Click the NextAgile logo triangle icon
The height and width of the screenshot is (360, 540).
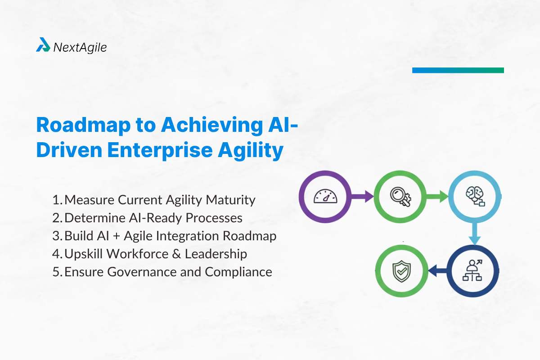tap(43, 45)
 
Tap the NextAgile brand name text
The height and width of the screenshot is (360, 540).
tap(80, 47)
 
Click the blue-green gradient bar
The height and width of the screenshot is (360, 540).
tap(458, 70)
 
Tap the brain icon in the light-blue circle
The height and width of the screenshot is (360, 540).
tap(474, 196)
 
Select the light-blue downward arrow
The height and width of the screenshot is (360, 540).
tap(474, 235)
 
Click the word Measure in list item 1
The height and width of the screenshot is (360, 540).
tap(89, 199)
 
